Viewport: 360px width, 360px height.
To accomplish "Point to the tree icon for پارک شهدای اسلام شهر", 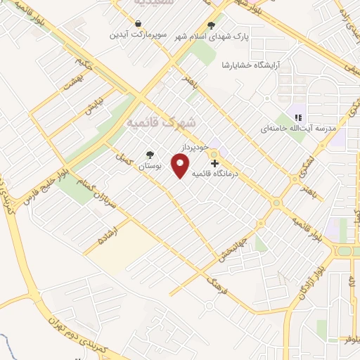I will point(211,25).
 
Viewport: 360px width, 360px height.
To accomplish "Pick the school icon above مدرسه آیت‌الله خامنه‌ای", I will point(298,117).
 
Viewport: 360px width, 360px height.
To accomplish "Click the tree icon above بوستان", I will point(148,155).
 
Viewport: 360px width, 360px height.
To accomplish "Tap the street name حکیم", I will point(84,67).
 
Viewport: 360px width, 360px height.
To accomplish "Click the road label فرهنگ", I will point(215,285).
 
